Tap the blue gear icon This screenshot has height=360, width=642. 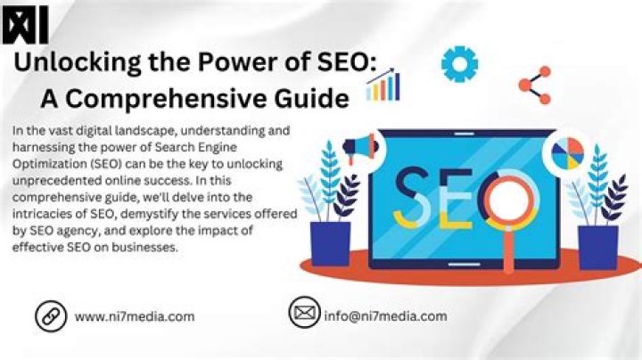pyautogui.click(x=460, y=64)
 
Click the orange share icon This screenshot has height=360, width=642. pyautogui.click(x=534, y=85)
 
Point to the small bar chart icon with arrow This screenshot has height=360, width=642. pyautogui.click(x=383, y=86)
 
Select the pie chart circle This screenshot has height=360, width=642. pyautogui.click(x=567, y=152)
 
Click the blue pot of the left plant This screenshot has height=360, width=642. pyautogui.click(x=329, y=244)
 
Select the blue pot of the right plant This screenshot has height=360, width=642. pyautogui.click(x=597, y=246)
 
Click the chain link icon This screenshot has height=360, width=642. pyautogui.click(x=51, y=315)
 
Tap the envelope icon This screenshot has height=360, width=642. pyautogui.click(x=304, y=314)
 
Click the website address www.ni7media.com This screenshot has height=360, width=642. pyautogui.click(x=135, y=316)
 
